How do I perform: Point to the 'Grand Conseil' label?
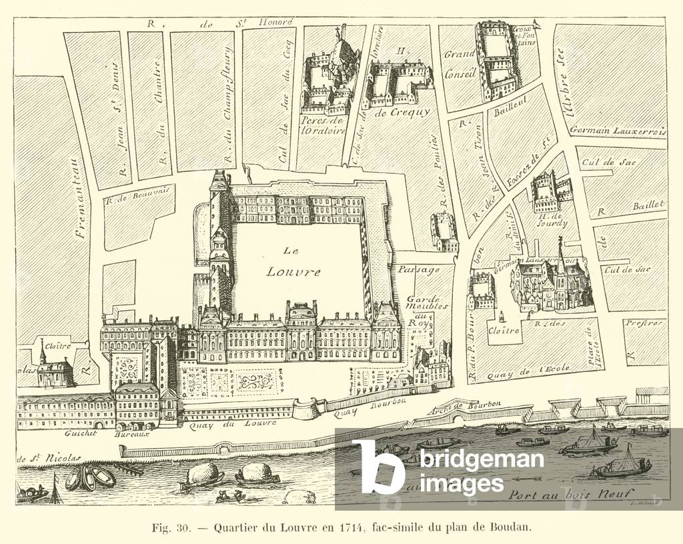point(460,63)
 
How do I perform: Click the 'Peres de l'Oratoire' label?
point(323,125)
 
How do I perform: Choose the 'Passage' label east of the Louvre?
point(419,271)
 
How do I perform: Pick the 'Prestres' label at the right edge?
point(644,323)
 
